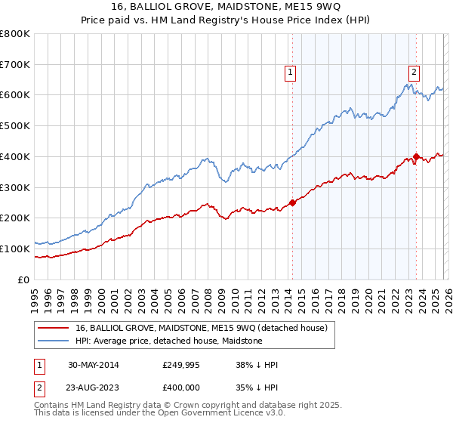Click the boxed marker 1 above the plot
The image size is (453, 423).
(291, 73)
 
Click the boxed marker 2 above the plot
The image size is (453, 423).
(414, 73)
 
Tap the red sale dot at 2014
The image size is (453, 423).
(292, 202)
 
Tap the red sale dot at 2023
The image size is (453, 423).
(416, 156)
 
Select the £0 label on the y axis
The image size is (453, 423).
(25, 279)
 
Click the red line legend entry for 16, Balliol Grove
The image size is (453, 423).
(201, 328)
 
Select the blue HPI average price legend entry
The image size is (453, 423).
(168, 341)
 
